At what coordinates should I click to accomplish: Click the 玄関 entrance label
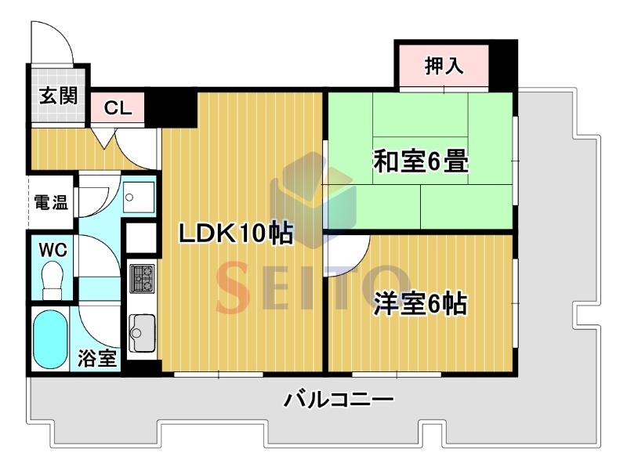pyautogui.click(x=58, y=96)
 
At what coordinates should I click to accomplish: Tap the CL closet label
pyautogui.click(x=118, y=108)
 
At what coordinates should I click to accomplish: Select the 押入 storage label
pyautogui.click(x=444, y=66)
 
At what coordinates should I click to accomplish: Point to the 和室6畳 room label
pyautogui.click(x=421, y=161)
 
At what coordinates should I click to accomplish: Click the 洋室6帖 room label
pyautogui.click(x=420, y=304)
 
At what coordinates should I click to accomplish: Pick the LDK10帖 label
pyautogui.click(x=236, y=233)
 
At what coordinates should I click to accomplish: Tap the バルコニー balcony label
pyautogui.click(x=339, y=400)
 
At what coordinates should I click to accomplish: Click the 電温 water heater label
pyautogui.click(x=51, y=202)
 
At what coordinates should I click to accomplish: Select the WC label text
pyautogui.click(x=53, y=250)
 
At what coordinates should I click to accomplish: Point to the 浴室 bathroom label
pyautogui.click(x=96, y=358)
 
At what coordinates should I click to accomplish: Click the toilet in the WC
pyautogui.click(x=53, y=280)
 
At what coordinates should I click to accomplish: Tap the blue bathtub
pyautogui.click(x=50, y=339)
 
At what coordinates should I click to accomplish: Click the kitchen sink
pyautogui.click(x=142, y=333)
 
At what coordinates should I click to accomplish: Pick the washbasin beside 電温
pyautogui.click(x=139, y=197)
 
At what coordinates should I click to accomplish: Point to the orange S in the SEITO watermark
pyautogui.click(x=234, y=287)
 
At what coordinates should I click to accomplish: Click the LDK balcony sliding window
pyautogui.click(x=219, y=375)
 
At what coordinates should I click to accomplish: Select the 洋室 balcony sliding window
pyautogui.click(x=397, y=375)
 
